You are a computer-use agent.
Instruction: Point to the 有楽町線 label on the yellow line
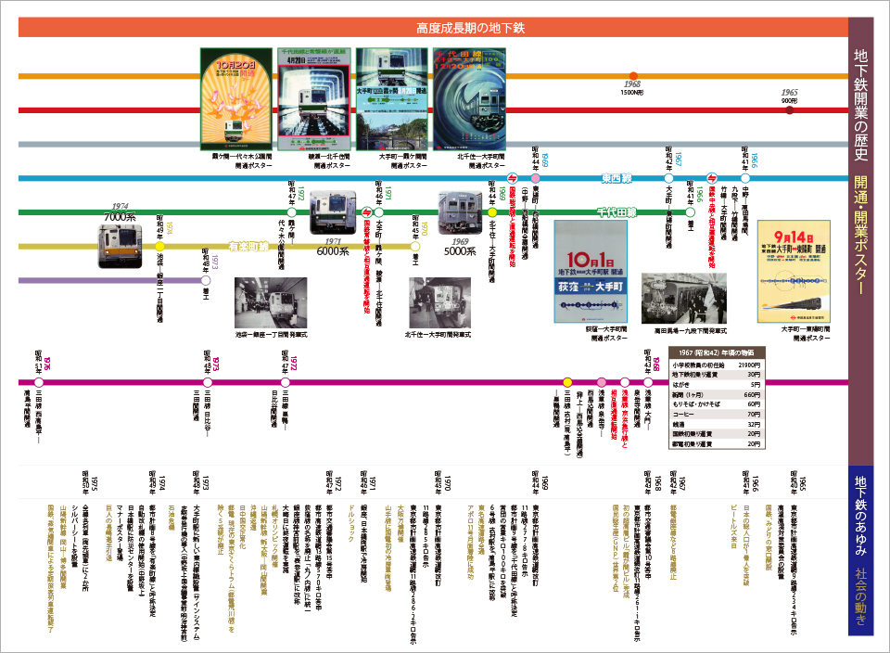pyautogui.click(x=248, y=246)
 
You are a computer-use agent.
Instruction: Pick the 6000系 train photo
pyautogui.click(x=332, y=212)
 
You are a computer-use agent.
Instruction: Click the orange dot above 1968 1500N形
pyautogui.click(x=633, y=76)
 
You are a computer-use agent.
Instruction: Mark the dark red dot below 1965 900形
pyautogui.click(x=789, y=110)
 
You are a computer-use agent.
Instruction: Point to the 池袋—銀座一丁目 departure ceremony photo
pyautogui.click(x=271, y=302)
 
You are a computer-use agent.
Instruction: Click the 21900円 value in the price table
pyautogui.click(x=748, y=365)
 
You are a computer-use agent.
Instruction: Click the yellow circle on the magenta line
pyautogui.click(x=567, y=382)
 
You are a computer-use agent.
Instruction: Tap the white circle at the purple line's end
pyautogui.click(x=207, y=279)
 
